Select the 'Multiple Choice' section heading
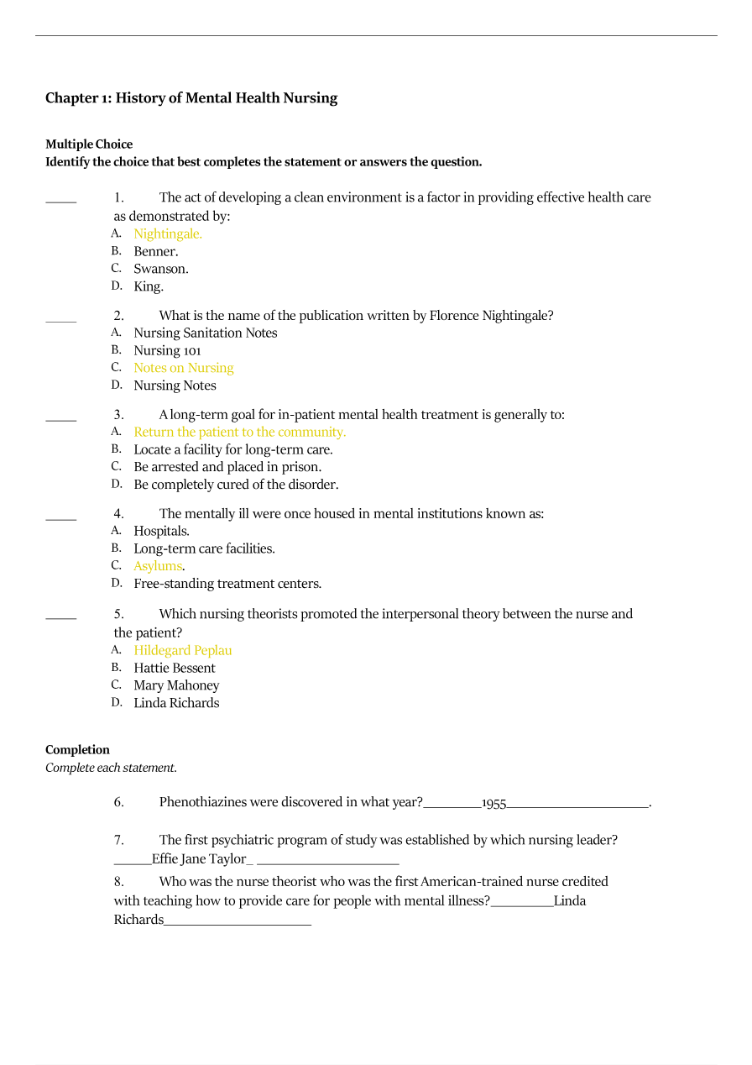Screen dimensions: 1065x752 click(89, 144)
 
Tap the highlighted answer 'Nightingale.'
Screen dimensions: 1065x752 click(168, 234)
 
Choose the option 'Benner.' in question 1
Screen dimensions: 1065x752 click(156, 252)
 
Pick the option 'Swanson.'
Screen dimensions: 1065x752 click(161, 270)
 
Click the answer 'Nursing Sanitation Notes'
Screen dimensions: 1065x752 click(206, 333)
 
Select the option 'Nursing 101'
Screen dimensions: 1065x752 click(167, 351)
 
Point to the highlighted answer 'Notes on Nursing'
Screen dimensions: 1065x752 click(184, 368)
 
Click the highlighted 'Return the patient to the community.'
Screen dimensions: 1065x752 click(240, 433)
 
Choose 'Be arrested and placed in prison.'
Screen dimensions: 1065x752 click(227, 467)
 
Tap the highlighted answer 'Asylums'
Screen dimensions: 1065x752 click(158, 566)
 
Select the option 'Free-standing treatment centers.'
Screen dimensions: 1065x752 click(227, 584)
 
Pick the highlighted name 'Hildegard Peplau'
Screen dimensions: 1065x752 click(183, 651)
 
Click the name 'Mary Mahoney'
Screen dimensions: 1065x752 click(176, 685)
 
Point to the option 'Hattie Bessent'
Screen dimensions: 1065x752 click(175, 669)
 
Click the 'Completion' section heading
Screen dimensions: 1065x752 click(77, 750)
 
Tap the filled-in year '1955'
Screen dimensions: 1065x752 click(493, 803)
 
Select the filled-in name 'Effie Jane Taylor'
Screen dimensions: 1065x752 click(199, 859)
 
